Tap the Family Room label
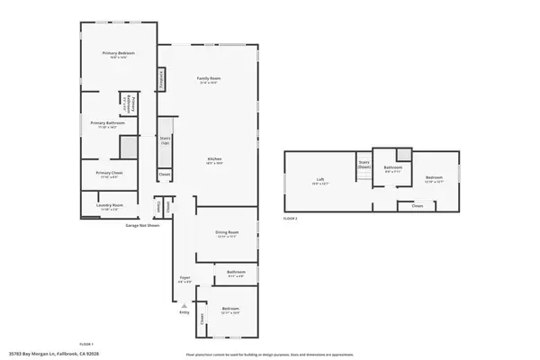pos(210,80)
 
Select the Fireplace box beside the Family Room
pos(162,80)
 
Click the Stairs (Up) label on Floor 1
pos(165,142)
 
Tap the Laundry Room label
pos(108,208)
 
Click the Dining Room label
pos(226,235)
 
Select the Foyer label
pos(184,279)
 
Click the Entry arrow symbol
pos(184,306)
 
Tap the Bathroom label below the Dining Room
pos(236,274)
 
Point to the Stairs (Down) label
pos(364,166)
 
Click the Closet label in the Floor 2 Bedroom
pos(417,206)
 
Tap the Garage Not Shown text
pos(141,225)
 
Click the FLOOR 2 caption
pos(290,219)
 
